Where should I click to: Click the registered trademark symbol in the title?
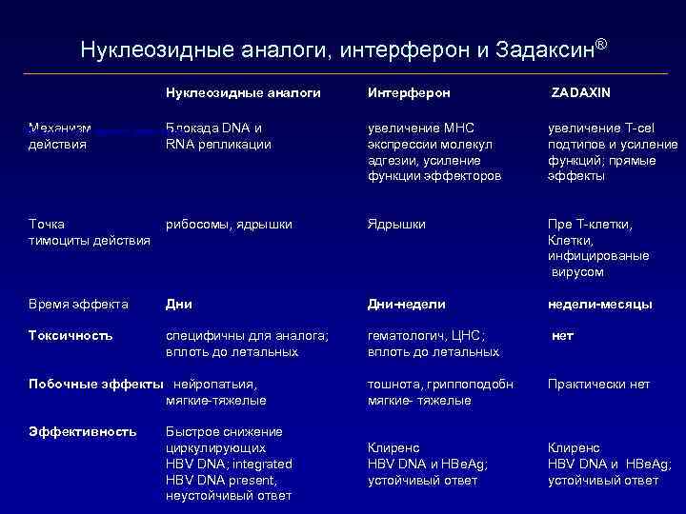point(600,44)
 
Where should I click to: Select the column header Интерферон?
point(409,92)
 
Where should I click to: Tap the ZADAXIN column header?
point(582,92)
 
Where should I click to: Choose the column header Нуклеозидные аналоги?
point(242,92)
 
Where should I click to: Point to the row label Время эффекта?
point(78,305)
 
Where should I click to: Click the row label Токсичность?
point(71,335)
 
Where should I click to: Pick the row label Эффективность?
point(82,432)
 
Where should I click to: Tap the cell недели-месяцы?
point(599,305)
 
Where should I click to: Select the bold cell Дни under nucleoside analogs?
point(179,305)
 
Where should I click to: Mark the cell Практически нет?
point(598,384)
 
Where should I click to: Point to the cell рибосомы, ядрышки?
point(229,224)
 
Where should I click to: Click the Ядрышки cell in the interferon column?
point(396,224)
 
